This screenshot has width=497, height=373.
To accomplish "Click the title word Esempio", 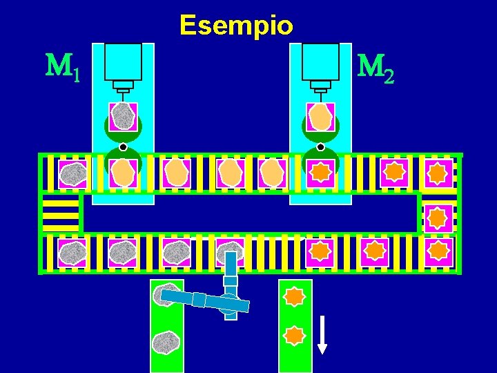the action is (236, 26).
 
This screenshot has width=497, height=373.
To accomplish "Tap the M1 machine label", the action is (62, 67).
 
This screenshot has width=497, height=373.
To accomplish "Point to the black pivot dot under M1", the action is (123, 147).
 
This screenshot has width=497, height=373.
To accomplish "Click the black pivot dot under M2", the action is (320, 147).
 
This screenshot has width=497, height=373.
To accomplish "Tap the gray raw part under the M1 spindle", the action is (123, 117).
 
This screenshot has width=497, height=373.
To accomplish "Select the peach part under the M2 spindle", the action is (320, 117).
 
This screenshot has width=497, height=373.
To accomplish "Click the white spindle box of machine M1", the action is (122, 62).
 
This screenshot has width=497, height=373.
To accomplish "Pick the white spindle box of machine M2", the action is (320, 62).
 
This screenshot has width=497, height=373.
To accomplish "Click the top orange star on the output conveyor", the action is (295, 296).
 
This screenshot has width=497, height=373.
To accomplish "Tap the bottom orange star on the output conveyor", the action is (295, 336).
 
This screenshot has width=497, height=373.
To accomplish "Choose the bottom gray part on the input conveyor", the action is (166, 343).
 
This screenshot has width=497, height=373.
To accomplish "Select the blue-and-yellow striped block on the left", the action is (60, 213).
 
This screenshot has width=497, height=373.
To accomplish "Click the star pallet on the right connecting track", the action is (438, 218).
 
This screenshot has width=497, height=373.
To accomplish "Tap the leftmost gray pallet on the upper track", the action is (72, 174).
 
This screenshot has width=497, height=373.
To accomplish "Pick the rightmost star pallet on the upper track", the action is (438, 173).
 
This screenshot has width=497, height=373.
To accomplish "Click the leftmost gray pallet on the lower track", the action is (72, 253).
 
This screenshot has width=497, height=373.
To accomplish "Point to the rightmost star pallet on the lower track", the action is (438, 252).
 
